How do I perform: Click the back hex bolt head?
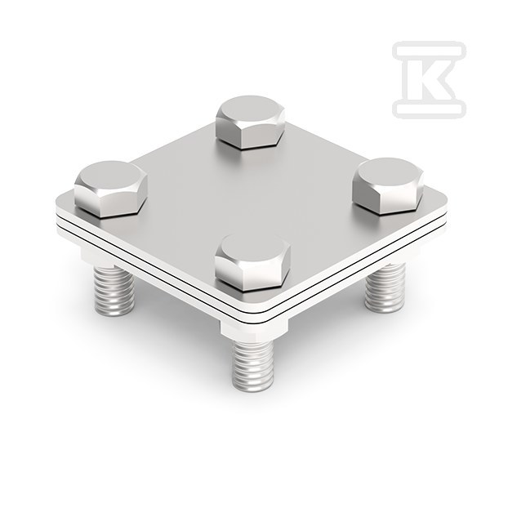[251, 123]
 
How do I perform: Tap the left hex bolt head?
[111, 189]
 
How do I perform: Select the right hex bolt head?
[388, 186]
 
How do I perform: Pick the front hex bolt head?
[252, 262]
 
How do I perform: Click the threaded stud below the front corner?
[253, 365]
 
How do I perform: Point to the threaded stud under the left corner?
[114, 291]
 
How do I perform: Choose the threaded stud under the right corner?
[385, 287]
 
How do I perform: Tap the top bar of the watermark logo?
[429, 50]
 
